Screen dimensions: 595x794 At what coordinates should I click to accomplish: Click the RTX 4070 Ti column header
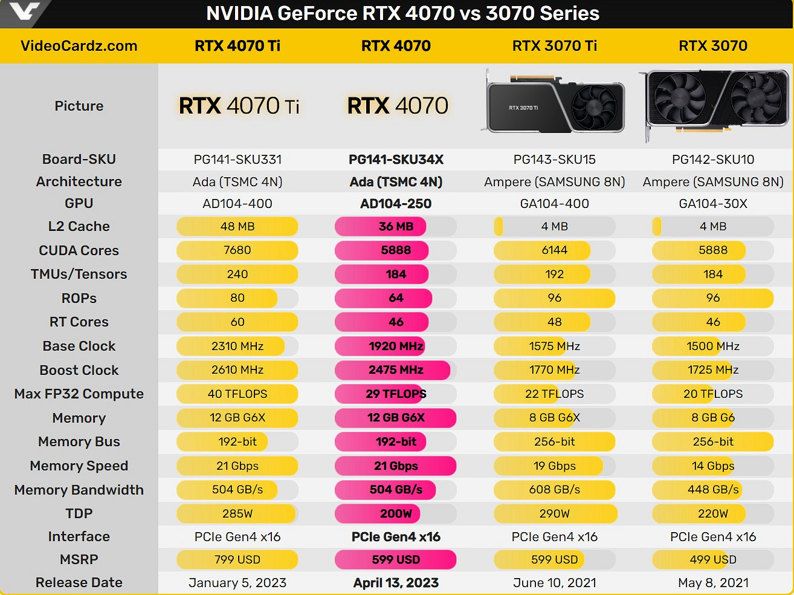(237, 46)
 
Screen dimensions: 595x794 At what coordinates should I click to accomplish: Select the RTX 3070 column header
(713, 46)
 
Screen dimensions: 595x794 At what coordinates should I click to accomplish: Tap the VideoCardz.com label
(79, 46)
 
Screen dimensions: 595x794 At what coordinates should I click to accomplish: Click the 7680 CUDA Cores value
(237, 250)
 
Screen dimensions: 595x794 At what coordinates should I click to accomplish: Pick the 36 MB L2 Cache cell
(396, 227)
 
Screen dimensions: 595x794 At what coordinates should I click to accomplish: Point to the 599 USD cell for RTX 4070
(396, 560)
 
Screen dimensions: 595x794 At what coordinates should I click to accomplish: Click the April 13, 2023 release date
(396, 583)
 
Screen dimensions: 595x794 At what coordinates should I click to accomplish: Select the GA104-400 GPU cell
(555, 204)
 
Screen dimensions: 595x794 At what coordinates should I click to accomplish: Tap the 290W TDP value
(555, 514)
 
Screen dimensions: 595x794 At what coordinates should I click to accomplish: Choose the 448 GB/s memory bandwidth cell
(713, 490)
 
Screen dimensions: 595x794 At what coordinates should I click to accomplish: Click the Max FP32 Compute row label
(79, 394)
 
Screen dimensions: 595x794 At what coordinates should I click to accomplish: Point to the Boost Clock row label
(79, 370)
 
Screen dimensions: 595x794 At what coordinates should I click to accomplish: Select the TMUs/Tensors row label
(79, 275)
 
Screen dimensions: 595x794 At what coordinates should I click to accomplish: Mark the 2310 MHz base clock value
(237, 346)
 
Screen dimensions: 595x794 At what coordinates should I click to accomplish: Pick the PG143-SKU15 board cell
(555, 160)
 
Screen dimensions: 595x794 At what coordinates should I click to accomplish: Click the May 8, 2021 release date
(713, 583)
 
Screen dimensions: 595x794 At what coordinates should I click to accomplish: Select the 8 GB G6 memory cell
(713, 418)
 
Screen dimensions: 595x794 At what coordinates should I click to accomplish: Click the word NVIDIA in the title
(239, 13)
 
